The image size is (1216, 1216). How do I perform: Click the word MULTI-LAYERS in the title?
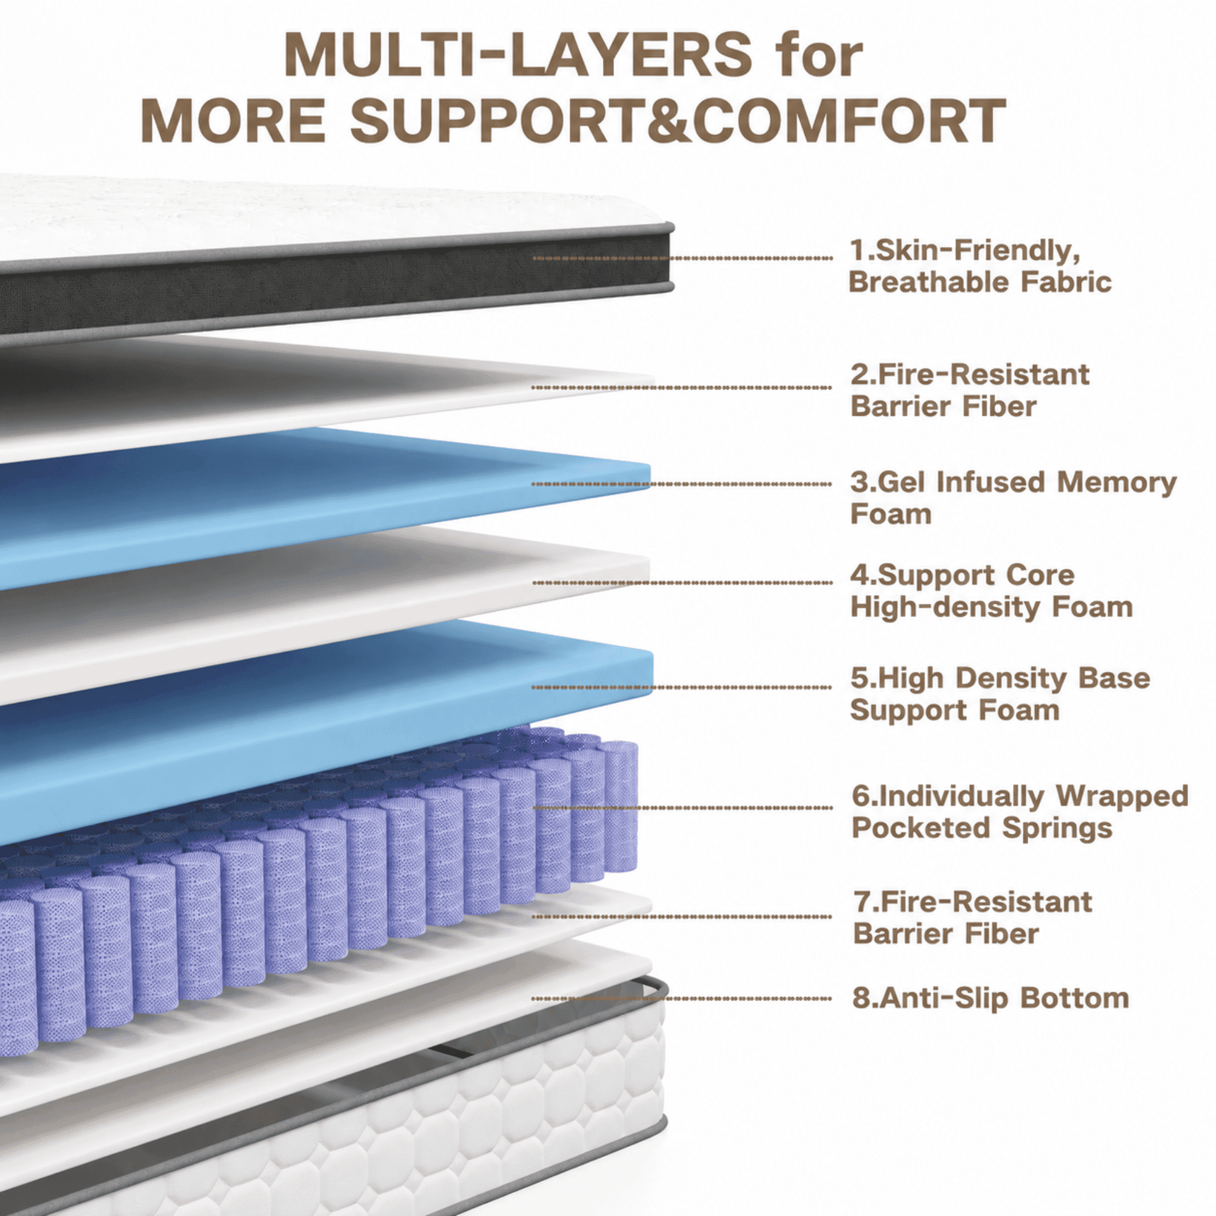pyautogui.click(x=517, y=55)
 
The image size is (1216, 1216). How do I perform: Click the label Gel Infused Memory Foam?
pyautogui.click(x=1014, y=498)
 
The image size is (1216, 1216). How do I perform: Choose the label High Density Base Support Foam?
pyautogui.click(x=1000, y=694)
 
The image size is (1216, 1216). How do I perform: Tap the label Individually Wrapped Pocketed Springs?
pyautogui.click(x=1020, y=812)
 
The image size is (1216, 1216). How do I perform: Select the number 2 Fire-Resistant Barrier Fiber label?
pyautogui.click(x=970, y=390)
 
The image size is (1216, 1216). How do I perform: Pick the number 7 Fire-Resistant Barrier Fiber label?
pyautogui.click(x=972, y=917)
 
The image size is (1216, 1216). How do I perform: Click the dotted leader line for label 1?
pyautogui.click(x=682, y=258)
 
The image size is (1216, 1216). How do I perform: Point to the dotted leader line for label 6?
pyautogui.click(x=682, y=807)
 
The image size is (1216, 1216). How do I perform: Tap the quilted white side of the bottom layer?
pyautogui.click(x=441, y=1127)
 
